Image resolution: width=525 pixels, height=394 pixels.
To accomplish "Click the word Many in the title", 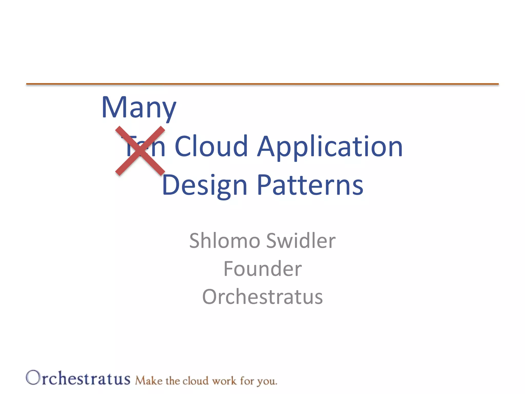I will (x=139, y=108).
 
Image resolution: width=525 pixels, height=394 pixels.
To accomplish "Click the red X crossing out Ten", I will (x=140, y=151).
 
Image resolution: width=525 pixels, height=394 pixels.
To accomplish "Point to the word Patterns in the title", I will (x=310, y=185).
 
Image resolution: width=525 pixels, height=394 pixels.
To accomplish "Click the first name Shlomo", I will (x=225, y=241).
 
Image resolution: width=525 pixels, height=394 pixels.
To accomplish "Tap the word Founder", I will (x=262, y=269).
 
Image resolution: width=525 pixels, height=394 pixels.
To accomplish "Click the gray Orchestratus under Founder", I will (x=262, y=297).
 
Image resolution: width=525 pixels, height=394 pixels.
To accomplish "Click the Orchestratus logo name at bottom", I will (x=78, y=379).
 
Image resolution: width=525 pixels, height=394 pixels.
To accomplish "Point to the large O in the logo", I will (x=33, y=378).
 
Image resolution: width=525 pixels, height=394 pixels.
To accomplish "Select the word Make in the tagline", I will (x=149, y=381).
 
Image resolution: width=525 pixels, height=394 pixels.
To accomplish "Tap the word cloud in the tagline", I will (x=195, y=381).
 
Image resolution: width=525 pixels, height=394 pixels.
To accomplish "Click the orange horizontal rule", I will (x=262, y=84).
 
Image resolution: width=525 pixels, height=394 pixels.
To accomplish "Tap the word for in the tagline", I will (x=247, y=381).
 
